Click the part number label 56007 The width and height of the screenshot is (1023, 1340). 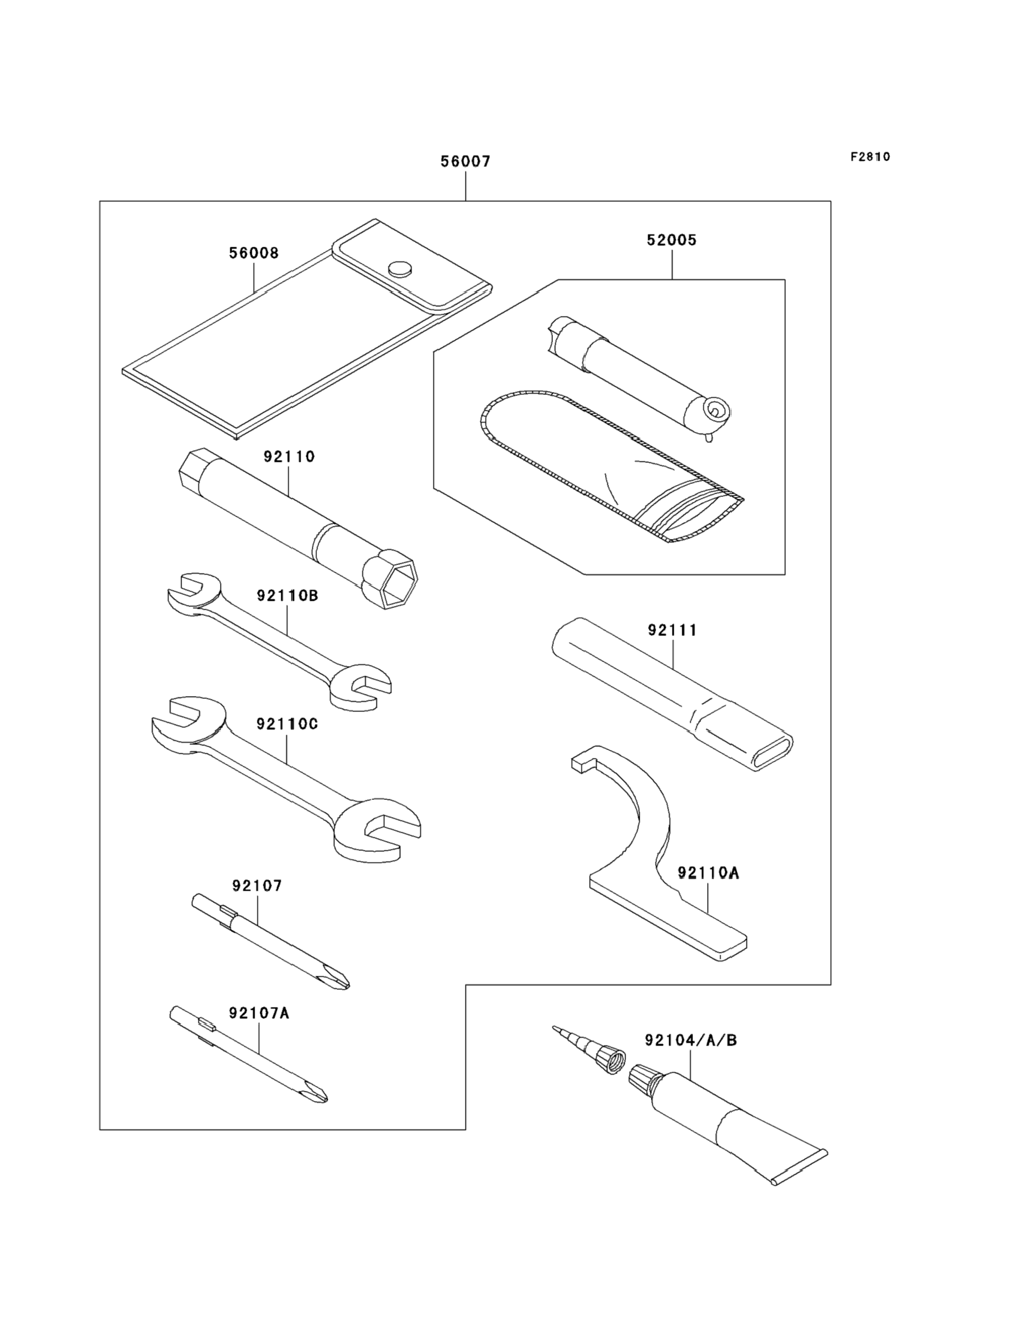465,162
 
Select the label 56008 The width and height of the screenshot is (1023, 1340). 254,253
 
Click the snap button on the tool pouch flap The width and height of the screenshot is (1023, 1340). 400,268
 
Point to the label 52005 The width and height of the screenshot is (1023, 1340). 671,240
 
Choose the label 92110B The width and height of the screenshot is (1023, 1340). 288,595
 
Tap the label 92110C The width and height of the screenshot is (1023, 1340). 288,724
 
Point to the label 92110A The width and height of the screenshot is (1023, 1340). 708,873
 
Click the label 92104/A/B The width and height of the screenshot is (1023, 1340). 691,1041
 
